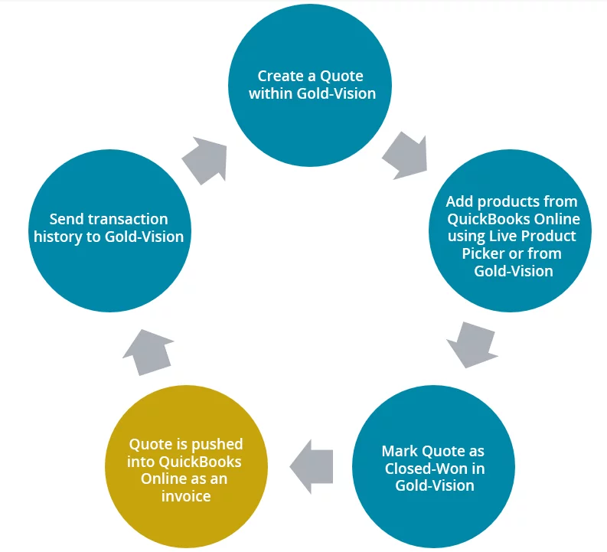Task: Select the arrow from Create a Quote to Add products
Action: point(404,156)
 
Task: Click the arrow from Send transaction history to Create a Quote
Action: point(204,159)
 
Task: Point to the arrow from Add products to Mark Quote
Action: point(471,343)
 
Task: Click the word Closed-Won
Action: point(432,468)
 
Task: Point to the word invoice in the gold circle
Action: point(186,496)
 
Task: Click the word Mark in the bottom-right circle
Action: point(400,450)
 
